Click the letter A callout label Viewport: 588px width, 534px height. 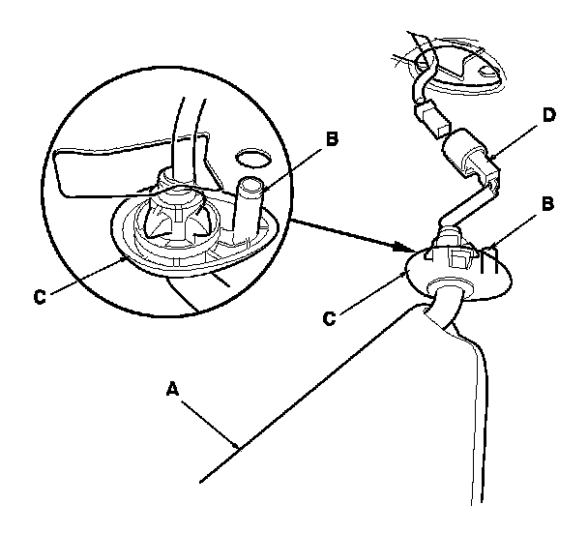coord(172,389)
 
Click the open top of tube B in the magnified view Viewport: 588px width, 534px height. coord(251,185)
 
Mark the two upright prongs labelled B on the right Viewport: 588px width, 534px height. coord(488,255)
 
